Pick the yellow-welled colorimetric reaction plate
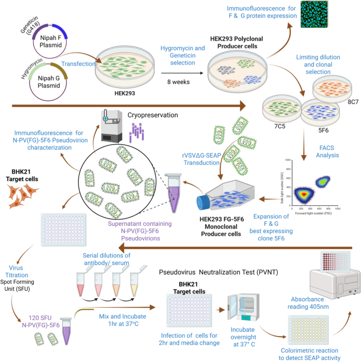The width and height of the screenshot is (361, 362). click(x=313, y=328)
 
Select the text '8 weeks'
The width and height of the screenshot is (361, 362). click(x=178, y=81)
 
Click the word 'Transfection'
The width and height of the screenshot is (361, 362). click(x=79, y=63)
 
